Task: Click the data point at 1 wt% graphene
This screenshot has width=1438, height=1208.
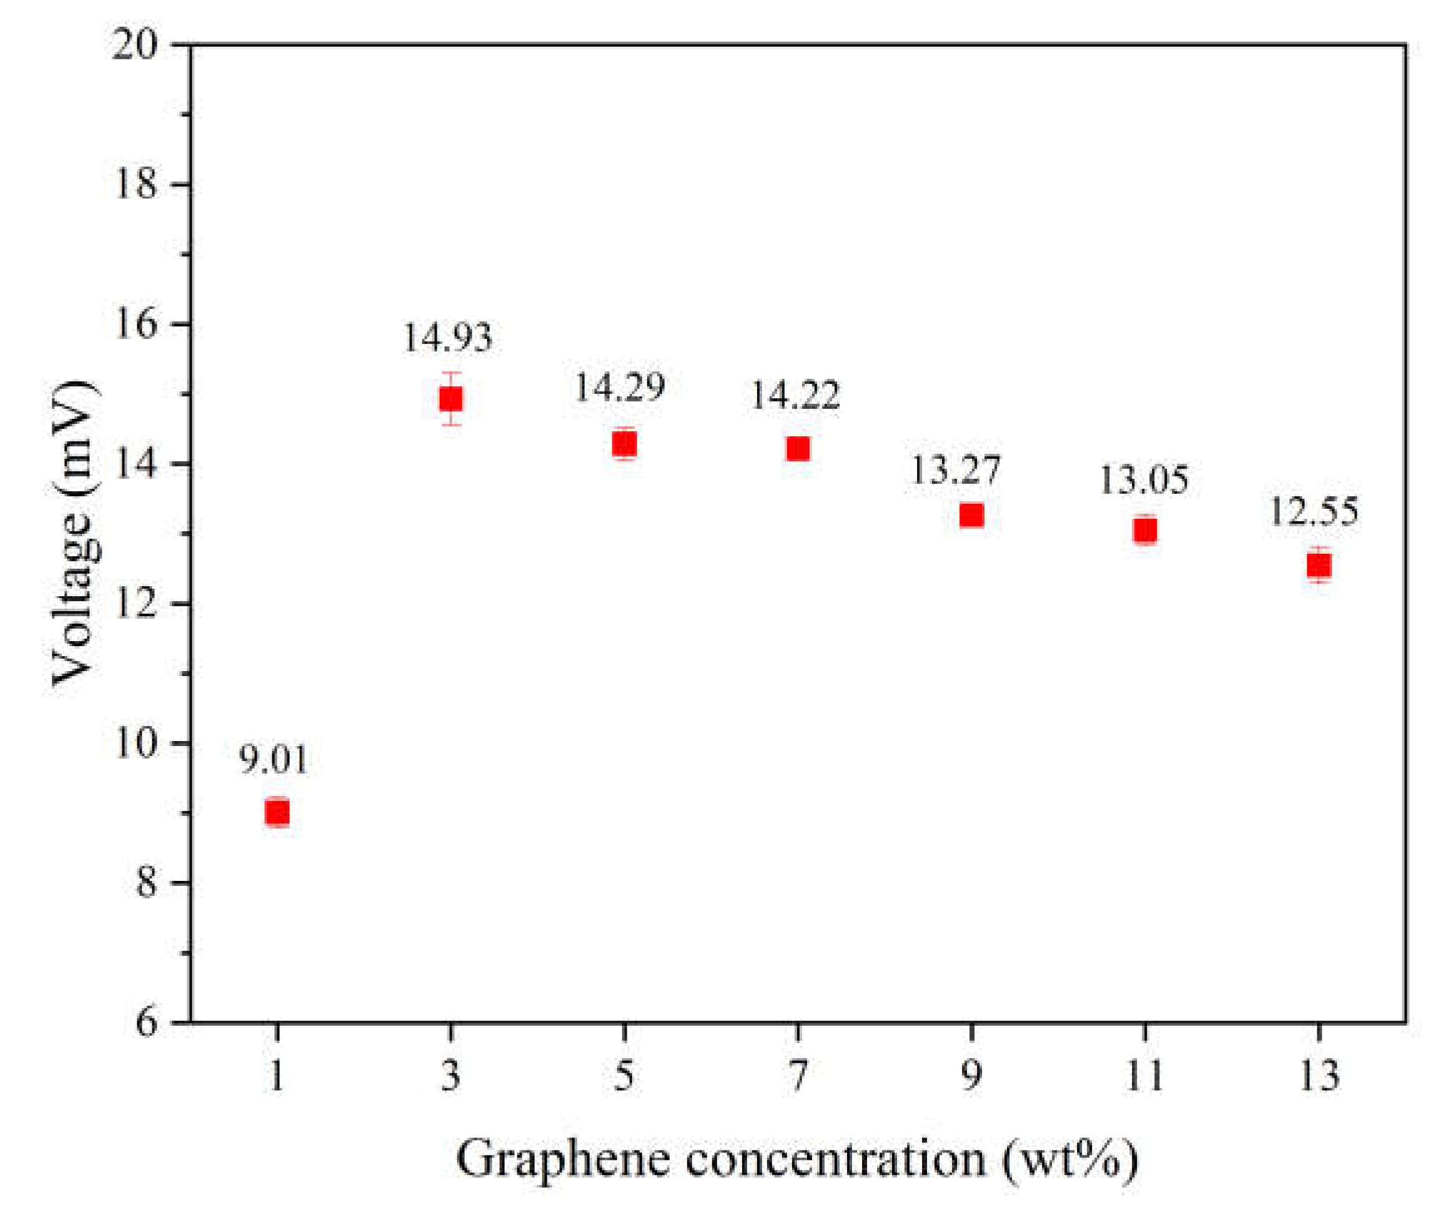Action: [277, 813]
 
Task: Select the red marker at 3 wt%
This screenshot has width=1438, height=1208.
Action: [451, 398]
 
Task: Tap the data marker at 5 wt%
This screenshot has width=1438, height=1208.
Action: [624, 444]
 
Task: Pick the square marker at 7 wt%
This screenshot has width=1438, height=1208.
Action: [798, 448]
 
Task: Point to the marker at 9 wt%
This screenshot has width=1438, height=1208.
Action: [971, 515]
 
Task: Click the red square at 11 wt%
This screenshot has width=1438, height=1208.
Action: [1145, 530]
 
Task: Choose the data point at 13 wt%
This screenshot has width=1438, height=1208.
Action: [1319, 565]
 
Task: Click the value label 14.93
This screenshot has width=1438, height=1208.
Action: [447, 338]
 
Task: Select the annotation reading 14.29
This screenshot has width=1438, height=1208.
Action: [619, 388]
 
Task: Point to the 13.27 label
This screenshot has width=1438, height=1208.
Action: [955, 469]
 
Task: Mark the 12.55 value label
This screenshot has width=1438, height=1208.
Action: [1313, 511]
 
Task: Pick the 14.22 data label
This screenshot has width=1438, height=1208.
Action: [795, 396]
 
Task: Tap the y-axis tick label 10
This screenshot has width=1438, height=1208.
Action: [135, 744]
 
